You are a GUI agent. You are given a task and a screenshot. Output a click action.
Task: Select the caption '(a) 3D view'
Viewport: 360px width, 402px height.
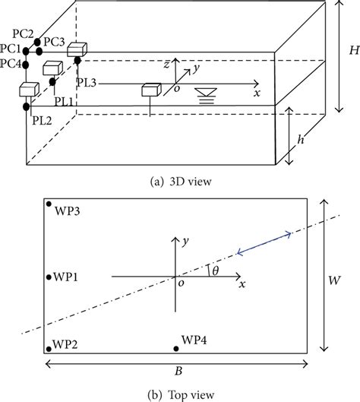click(x=179, y=180)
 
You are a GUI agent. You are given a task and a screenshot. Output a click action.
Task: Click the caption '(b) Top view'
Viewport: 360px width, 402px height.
click(x=179, y=393)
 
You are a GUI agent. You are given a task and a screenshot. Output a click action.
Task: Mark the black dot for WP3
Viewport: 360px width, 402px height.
click(x=49, y=204)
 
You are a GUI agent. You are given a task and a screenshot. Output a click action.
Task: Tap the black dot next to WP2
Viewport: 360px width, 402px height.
click(x=49, y=348)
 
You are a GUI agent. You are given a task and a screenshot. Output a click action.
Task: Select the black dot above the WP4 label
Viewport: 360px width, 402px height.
click(x=176, y=348)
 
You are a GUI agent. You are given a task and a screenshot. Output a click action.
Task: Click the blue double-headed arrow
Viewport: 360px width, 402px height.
click(x=265, y=244)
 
